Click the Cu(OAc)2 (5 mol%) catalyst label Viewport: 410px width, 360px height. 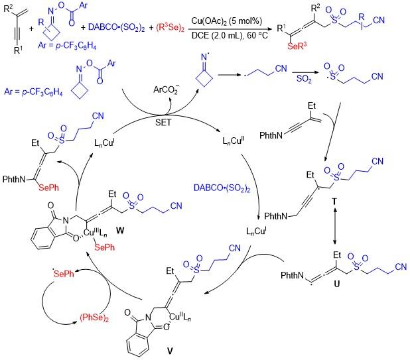point(227,21)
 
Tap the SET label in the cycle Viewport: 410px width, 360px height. point(163,122)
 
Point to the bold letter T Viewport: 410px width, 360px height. point(334,202)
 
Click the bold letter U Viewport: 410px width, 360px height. point(337,284)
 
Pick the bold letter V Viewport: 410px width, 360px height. point(170,351)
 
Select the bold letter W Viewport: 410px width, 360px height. point(120,231)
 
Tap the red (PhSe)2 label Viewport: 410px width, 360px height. point(94,318)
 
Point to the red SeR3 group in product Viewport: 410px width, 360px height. point(297,46)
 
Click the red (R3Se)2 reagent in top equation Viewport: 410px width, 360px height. point(171,27)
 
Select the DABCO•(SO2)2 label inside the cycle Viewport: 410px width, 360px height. point(222,188)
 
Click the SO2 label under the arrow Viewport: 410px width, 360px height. point(304,79)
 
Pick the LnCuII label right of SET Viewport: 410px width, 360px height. point(234,141)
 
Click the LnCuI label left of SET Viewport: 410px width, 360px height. point(104,143)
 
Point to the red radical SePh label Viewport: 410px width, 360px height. point(64,273)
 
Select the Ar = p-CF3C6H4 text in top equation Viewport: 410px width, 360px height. point(67,46)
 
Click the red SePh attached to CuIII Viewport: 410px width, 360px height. point(104,247)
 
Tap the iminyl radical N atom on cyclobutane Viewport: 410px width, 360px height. point(204,57)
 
